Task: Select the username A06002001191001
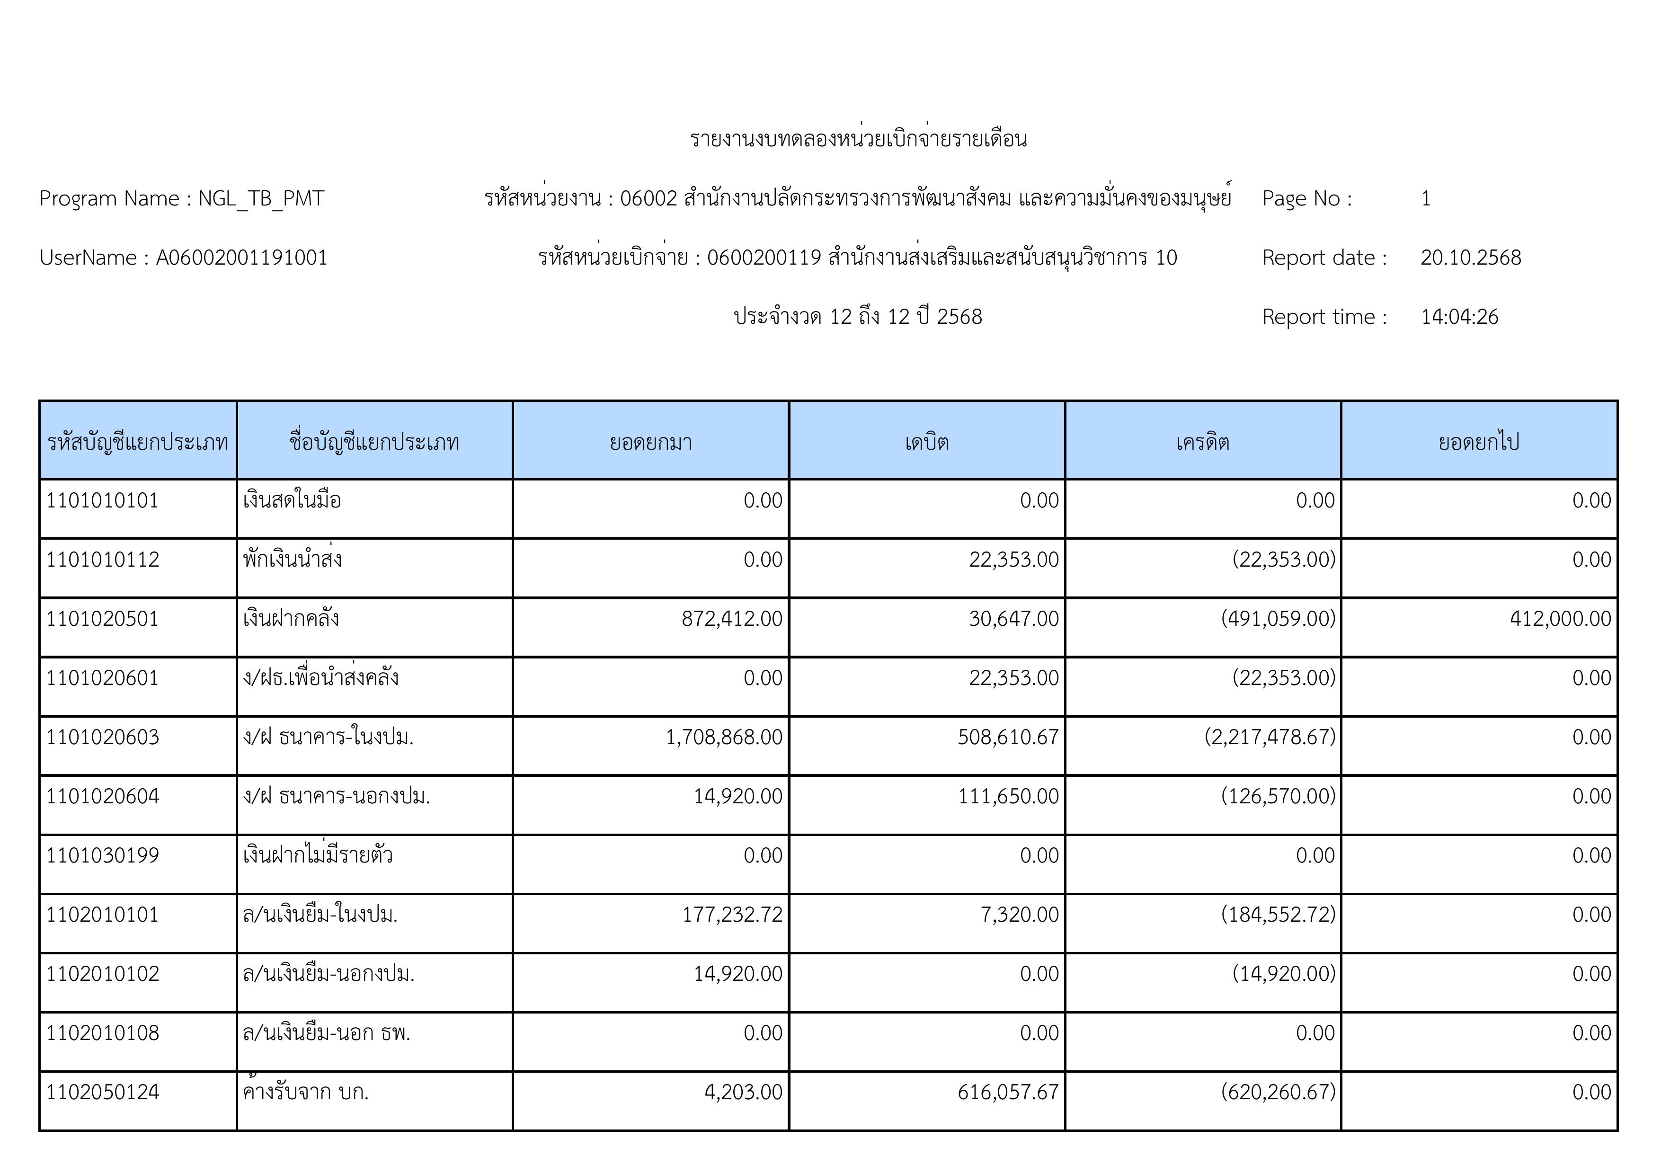[x=241, y=258]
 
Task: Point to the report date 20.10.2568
[x=1470, y=258]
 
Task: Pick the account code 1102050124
[x=103, y=1092]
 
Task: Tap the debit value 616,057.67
[x=1008, y=1092]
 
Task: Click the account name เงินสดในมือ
[x=292, y=500]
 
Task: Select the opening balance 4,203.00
[x=743, y=1092]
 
